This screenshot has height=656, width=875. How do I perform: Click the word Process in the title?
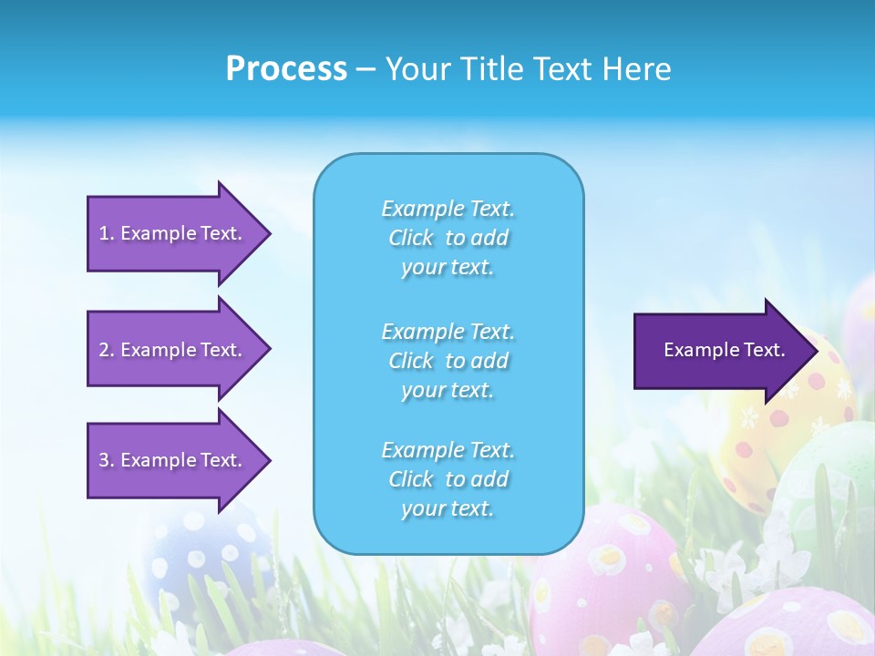286,69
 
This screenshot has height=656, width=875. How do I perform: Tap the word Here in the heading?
635,69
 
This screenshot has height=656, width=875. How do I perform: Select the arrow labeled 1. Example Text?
173,233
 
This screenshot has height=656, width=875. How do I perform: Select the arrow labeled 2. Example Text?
173,350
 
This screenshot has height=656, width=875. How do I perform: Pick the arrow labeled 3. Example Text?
173,460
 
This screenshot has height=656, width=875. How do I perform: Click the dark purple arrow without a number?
720,351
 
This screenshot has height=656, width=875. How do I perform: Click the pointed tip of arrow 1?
268,233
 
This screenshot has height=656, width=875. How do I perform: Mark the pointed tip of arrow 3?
268,460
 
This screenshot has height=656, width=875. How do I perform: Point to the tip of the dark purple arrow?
815,351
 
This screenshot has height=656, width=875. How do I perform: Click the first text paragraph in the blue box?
448,238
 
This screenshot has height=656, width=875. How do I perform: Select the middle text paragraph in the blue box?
448,361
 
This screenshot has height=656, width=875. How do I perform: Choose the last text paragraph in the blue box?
448,479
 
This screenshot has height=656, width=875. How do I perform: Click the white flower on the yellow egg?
749,418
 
